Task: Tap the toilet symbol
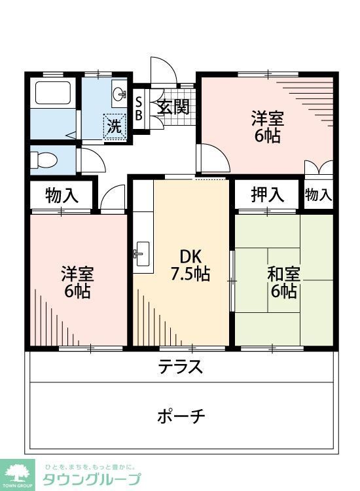tap(43, 160)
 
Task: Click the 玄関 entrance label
tap(173, 107)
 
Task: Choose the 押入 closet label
tap(268, 194)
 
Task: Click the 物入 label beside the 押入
tap(319, 194)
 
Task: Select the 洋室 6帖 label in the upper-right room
tap(268, 128)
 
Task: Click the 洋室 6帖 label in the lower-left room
tap(76, 282)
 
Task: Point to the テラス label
tap(180, 367)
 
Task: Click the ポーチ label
tap(181, 415)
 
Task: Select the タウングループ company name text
tap(92, 479)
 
